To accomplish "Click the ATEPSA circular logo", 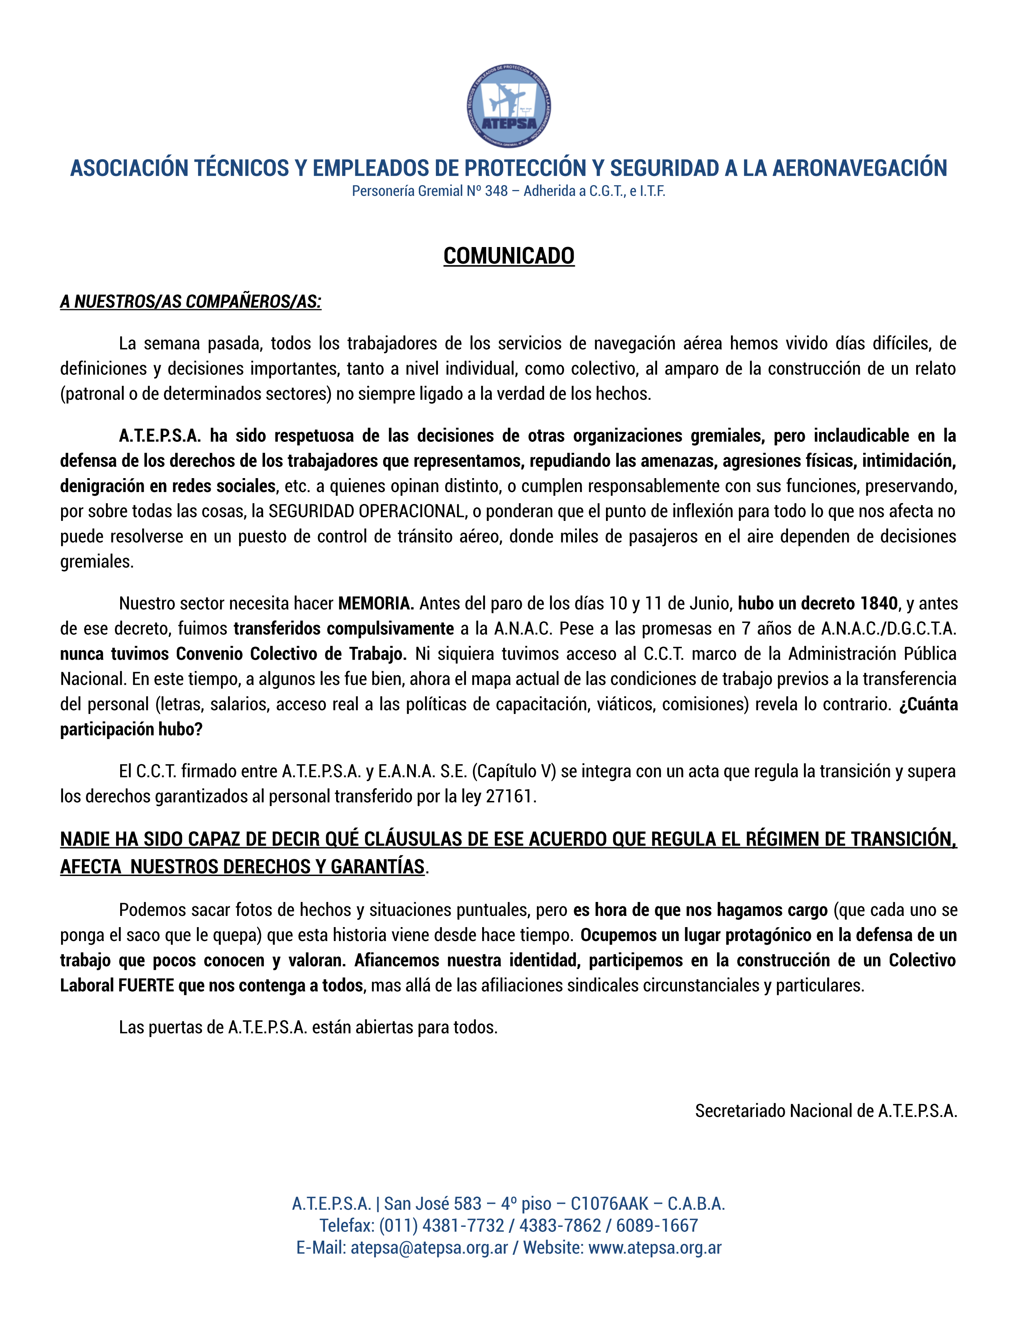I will [x=508, y=107].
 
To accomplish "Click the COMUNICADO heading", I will [x=508, y=256].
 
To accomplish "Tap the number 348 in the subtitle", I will [x=496, y=191].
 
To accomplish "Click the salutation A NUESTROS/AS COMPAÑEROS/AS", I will [x=190, y=301].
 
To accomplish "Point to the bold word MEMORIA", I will [x=375, y=603].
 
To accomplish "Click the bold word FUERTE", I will [x=145, y=986].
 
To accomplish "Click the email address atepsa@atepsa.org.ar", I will [x=430, y=1248].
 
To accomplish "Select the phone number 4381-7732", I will [x=463, y=1225].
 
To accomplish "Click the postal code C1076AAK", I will [x=609, y=1204].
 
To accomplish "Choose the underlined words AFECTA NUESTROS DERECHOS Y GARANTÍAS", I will [x=242, y=866].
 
